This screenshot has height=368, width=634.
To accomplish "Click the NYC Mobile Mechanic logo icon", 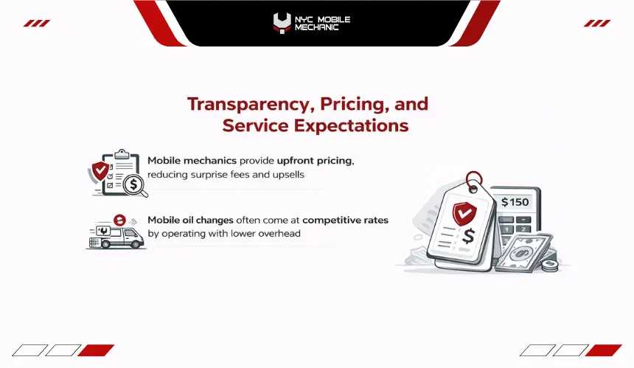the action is [282, 24].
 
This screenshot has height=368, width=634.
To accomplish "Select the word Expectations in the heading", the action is [351, 126].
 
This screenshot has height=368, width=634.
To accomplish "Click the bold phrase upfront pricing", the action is [316, 161].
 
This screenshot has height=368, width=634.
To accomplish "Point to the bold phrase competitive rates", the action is [345, 221].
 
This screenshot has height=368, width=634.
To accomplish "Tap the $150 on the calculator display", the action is [515, 202].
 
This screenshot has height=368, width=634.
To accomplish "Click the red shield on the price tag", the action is [464, 213].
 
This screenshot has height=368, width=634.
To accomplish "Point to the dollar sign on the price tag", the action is [468, 236].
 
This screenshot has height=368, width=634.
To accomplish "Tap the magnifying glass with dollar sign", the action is [135, 186].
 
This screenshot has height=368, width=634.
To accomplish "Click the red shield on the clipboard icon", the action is [100, 171].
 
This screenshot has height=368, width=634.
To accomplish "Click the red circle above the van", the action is [119, 220].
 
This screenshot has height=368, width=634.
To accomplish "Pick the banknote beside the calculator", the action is [523, 253].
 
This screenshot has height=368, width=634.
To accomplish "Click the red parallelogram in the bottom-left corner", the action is [96, 350].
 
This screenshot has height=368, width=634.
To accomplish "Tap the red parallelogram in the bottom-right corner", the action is [603, 350].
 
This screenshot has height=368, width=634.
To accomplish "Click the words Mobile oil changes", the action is [190, 221].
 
